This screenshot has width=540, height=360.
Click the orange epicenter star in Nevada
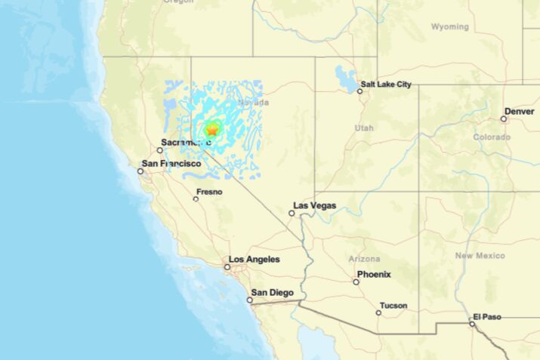click(211, 131)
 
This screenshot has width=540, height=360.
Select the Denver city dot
click(504, 118)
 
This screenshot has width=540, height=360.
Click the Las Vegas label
click(316, 205)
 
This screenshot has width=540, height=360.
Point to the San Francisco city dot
click(140, 171)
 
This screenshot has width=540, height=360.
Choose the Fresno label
click(209, 192)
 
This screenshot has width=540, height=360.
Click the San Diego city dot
click(250, 300)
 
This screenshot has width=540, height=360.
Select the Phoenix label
click(374, 274)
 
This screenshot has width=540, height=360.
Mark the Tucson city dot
click(379, 312)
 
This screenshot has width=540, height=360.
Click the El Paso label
click(487, 316)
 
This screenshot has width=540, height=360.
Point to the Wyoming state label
click(449, 26)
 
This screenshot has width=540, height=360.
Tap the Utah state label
click(364, 128)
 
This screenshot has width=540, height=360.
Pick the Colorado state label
click(492, 137)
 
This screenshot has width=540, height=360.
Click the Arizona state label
click(364, 259)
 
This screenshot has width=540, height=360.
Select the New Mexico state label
click(480, 256)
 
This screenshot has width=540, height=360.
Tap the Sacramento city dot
click(159, 150)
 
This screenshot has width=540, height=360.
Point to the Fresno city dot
click(196, 198)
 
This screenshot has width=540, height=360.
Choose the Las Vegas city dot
click(292, 213)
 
